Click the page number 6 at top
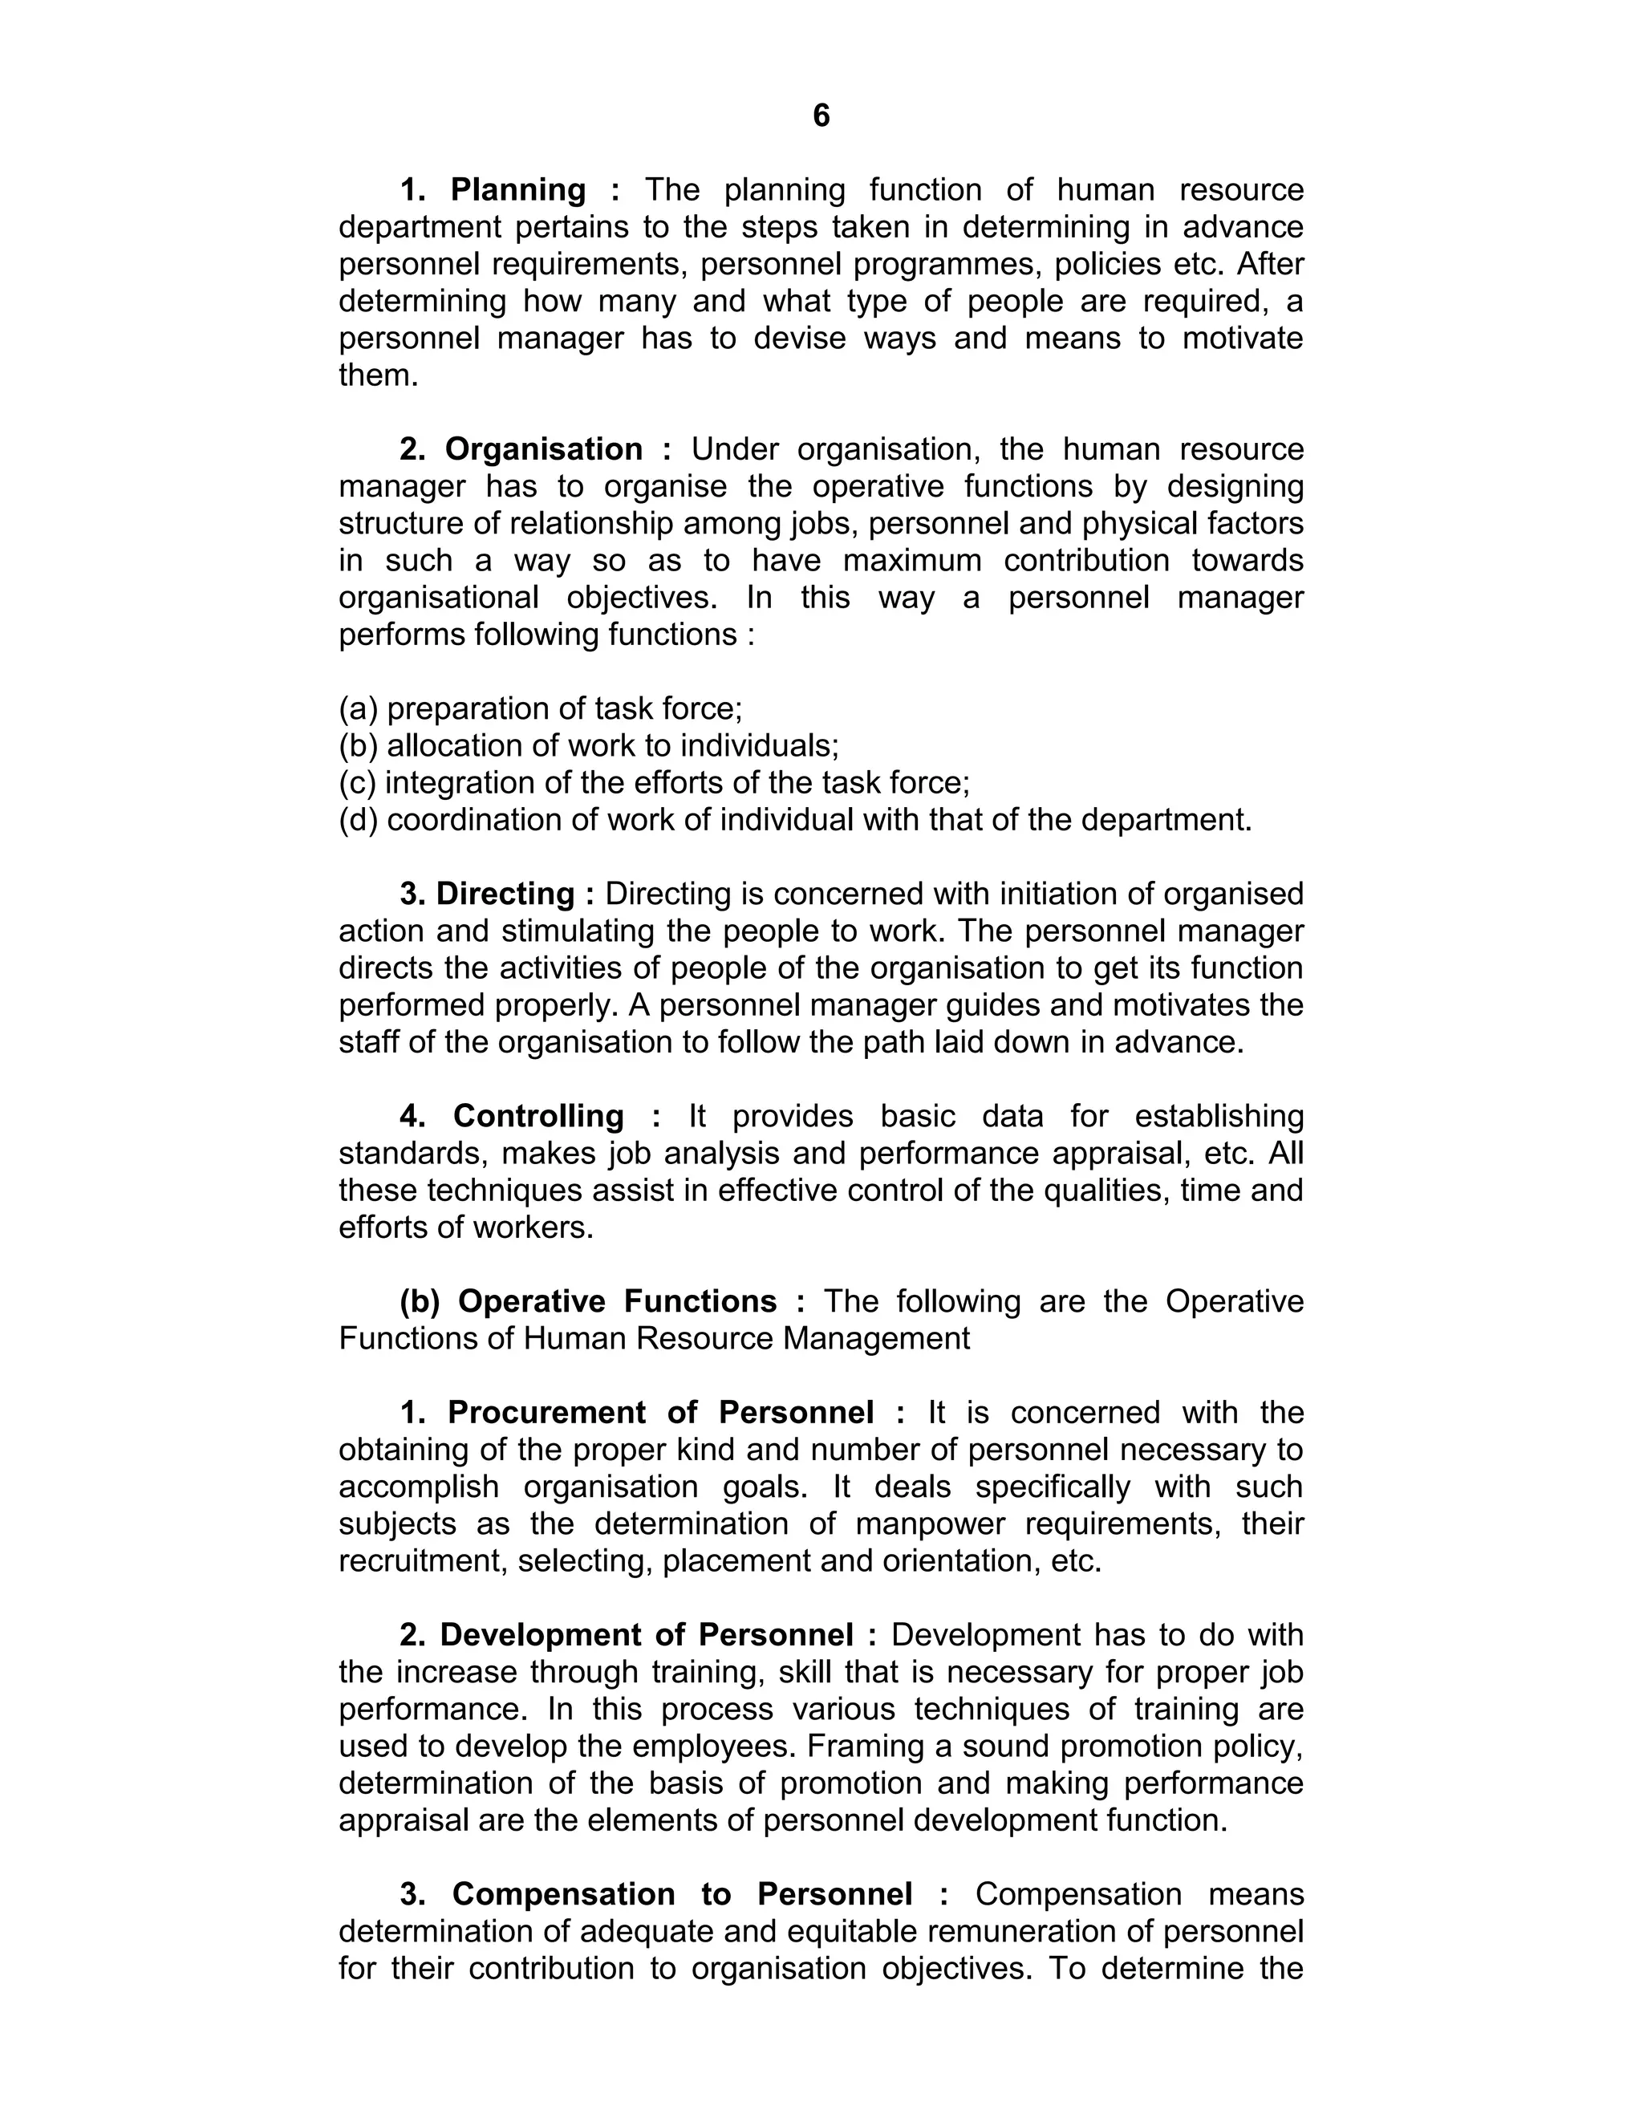[821, 116]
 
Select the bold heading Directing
[505, 894]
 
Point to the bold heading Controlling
[538, 1116]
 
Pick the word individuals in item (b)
[758, 745]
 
